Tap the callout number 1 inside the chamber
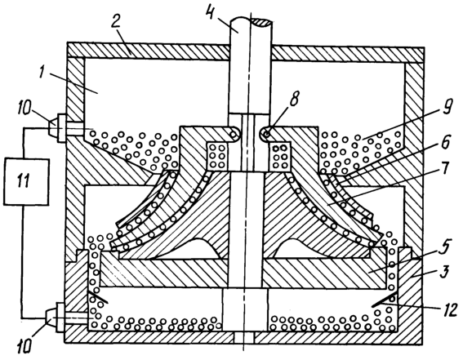[x=45, y=70]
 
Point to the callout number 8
[x=293, y=100]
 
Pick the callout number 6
[x=445, y=142]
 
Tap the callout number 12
[x=449, y=310]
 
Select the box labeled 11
[x=26, y=181]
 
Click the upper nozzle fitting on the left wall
[x=58, y=128]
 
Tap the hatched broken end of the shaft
[x=261, y=22]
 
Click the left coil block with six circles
[x=217, y=156]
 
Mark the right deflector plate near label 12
[x=384, y=300]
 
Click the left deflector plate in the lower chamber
[x=97, y=296]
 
